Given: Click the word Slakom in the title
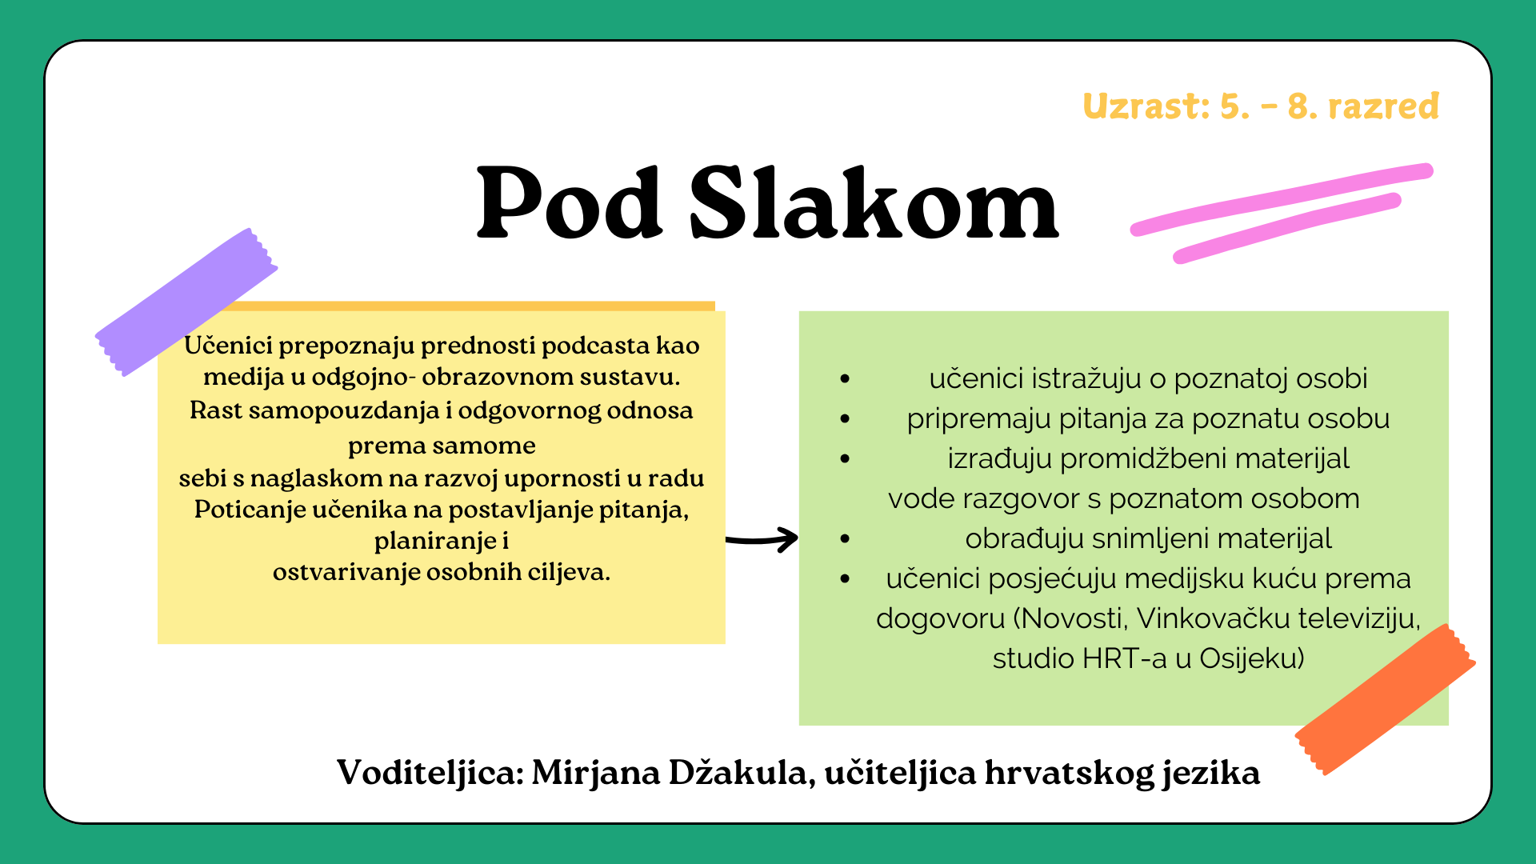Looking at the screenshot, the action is pyautogui.click(x=874, y=202).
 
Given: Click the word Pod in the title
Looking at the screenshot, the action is pyautogui.click(x=570, y=202).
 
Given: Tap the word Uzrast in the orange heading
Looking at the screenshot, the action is pyautogui.click(x=1146, y=106).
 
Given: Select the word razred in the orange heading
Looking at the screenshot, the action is pyautogui.click(x=1383, y=106).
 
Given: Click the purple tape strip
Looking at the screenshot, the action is pyautogui.click(x=186, y=302).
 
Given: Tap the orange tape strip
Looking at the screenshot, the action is pyautogui.click(x=1385, y=699).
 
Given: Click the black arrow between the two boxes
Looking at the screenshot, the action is pyautogui.click(x=762, y=539).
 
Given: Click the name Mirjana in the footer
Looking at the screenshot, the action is pyautogui.click(x=595, y=773).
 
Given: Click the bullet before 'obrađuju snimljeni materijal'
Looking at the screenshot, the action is pyautogui.click(x=845, y=539).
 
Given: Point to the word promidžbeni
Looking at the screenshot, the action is pyautogui.click(x=1146, y=459).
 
